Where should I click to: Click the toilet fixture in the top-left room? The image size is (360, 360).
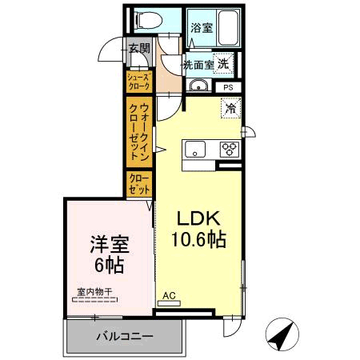tap(146, 19)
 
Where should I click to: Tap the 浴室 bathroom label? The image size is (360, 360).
tap(202, 28)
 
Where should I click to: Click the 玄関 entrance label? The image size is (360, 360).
tap(138, 49)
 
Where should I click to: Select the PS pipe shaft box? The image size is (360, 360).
tap(228, 87)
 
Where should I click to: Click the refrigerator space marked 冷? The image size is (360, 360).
tap(230, 107)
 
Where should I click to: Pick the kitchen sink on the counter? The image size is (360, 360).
tap(195, 149)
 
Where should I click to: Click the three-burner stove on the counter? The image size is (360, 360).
tap(229, 149)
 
